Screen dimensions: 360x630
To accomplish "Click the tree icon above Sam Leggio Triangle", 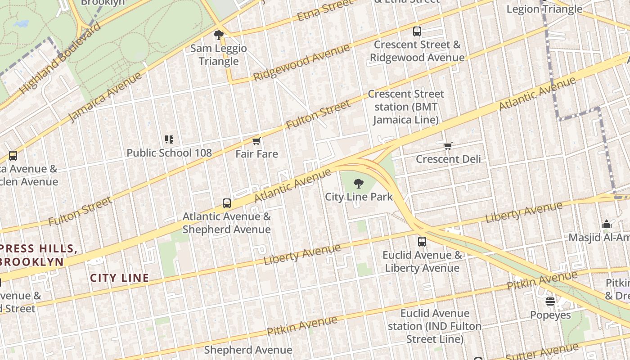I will [x=219, y=35].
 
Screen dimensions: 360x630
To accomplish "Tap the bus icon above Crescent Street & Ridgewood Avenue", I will [x=417, y=31].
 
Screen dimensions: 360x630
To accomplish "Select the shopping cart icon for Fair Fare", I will [x=256, y=141].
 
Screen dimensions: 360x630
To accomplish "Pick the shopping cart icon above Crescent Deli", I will [x=448, y=146].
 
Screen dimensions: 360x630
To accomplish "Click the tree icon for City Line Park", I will [x=359, y=184].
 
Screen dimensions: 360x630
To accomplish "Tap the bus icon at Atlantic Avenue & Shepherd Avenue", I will [x=227, y=203].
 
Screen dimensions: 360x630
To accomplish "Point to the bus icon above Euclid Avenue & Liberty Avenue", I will [x=422, y=242].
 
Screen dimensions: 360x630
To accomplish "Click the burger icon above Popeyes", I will [x=550, y=301].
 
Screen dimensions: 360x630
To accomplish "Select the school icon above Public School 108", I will [x=169, y=140].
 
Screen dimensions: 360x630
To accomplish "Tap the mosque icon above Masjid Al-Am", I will [x=607, y=225].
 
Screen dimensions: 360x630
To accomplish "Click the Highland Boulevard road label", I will [x=60, y=58].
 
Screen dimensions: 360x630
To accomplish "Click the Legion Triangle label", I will [x=544, y=9].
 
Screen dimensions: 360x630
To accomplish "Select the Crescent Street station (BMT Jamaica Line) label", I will [x=405, y=107].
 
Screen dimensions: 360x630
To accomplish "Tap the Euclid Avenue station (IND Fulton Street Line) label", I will [x=434, y=326].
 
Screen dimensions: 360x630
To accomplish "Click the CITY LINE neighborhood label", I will [x=119, y=278].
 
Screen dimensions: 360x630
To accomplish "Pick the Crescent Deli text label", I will [x=448, y=159].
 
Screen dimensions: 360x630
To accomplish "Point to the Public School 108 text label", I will [x=169, y=153].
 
